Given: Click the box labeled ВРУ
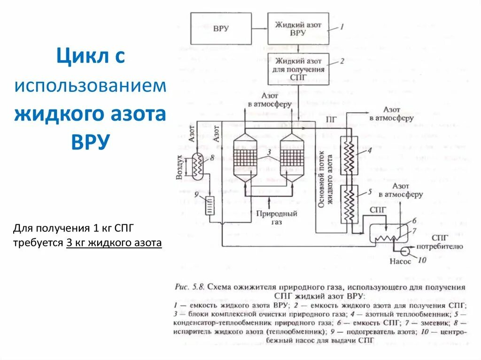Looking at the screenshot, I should click(x=220, y=28).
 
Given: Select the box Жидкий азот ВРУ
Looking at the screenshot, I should click(x=298, y=29).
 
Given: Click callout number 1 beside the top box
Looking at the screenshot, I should click(x=342, y=27).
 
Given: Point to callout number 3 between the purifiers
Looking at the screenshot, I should click(x=268, y=152).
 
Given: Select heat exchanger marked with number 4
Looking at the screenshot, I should click(x=349, y=155).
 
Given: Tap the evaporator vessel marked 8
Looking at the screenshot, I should click(x=197, y=165).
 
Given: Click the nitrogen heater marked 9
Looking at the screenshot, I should click(x=209, y=205).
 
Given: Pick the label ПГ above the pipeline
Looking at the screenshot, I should click(x=331, y=120).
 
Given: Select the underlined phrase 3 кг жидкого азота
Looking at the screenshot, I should click(x=114, y=243).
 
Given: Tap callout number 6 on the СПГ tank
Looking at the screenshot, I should click(x=414, y=221).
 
